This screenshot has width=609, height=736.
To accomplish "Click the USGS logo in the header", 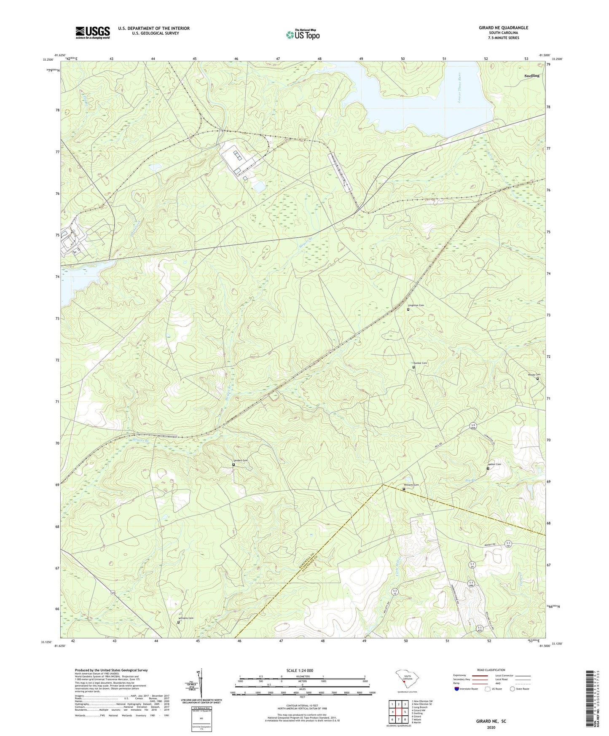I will [93, 32].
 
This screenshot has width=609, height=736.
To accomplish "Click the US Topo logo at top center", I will [302, 35].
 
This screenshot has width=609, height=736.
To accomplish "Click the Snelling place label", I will [531, 76].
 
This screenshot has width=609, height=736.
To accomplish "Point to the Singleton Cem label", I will [416, 305].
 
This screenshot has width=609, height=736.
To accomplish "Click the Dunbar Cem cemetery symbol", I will [413, 367].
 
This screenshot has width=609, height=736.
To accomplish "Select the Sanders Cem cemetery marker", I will [233, 465].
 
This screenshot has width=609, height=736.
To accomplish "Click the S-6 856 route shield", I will [473, 427].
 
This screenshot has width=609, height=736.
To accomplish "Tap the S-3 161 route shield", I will [508, 544].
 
